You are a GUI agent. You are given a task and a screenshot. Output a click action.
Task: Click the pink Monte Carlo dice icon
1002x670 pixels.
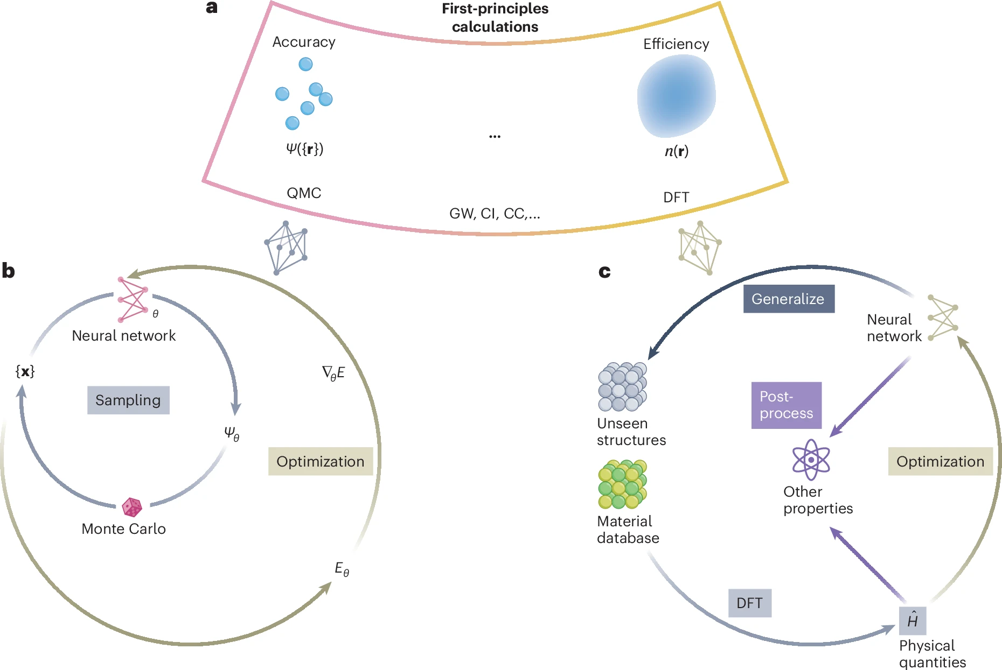[x=132, y=507]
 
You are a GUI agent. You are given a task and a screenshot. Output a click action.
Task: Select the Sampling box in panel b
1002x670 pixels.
[x=128, y=400]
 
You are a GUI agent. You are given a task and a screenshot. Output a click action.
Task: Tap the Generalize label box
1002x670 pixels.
[x=789, y=299]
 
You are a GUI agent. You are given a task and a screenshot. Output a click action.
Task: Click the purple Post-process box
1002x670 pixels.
[x=787, y=405]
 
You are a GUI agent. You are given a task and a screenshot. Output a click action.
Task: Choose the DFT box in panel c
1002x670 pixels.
[x=749, y=603]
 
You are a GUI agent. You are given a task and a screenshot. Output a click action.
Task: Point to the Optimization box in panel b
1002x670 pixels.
[x=321, y=461]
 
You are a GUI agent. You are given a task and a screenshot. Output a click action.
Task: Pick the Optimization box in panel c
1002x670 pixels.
[x=940, y=461]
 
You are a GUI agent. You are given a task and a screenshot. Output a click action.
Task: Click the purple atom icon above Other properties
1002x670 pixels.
[x=811, y=460]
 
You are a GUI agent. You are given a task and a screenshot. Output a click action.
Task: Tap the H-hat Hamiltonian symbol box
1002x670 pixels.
[x=913, y=620]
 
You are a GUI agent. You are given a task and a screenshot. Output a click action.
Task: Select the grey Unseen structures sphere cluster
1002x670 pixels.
[x=622, y=386]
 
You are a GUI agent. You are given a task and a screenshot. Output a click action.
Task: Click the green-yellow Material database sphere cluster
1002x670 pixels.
[x=622, y=484]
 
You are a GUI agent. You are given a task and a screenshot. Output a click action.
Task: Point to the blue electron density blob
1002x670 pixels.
[x=676, y=96]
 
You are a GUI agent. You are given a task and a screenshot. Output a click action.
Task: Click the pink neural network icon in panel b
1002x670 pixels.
[x=133, y=300]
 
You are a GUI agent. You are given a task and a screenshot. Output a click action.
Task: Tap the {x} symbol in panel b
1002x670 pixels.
[x=25, y=371]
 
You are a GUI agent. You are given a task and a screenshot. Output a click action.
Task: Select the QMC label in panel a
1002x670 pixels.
[x=304, y=193]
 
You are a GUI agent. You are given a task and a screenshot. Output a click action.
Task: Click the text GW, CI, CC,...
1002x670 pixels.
[x=495, y=214]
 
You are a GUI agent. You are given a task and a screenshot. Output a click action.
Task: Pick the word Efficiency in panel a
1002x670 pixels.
[x=676, y=44]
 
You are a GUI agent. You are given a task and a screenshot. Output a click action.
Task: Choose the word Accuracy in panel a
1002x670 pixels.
[x=304, y=42]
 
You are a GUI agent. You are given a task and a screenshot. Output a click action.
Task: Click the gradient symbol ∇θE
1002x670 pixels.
[x=333, y=373]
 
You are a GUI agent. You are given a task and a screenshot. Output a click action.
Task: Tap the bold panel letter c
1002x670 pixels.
[x=604, y=271]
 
